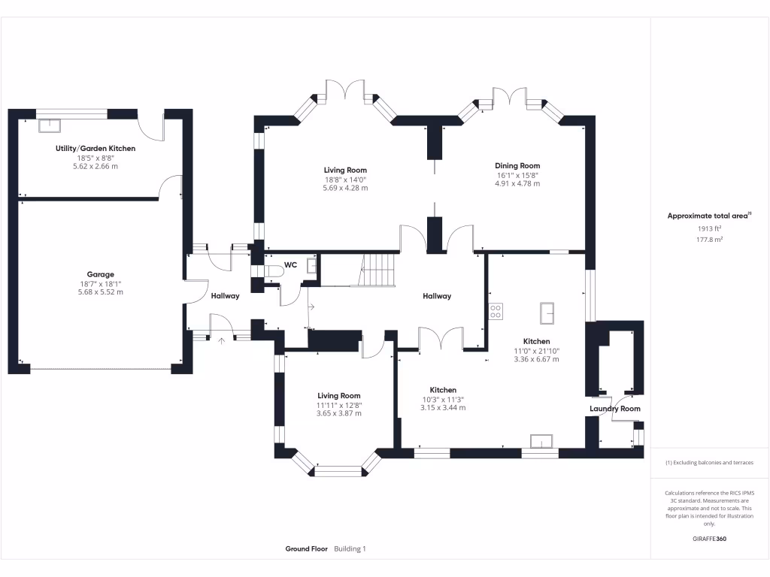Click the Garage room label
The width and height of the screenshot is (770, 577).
100,274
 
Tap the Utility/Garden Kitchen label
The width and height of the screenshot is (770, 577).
95,149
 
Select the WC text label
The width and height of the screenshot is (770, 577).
290,264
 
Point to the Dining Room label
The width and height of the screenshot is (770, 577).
517,165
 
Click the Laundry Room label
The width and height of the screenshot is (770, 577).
614,409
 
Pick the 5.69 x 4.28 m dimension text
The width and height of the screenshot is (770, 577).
345,188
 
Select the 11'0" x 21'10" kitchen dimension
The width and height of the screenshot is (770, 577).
537,350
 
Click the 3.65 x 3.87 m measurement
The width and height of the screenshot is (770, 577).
338,413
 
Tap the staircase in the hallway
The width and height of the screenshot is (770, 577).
378,270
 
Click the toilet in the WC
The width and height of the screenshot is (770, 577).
271,270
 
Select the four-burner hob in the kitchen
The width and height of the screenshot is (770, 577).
496,311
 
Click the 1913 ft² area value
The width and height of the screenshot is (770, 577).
710,228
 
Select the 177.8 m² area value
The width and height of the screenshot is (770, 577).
710,240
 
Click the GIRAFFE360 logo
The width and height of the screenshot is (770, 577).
709,539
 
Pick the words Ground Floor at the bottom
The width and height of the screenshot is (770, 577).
306,549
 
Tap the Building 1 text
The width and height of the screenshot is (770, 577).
350,549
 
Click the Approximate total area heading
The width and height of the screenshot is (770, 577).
708,216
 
